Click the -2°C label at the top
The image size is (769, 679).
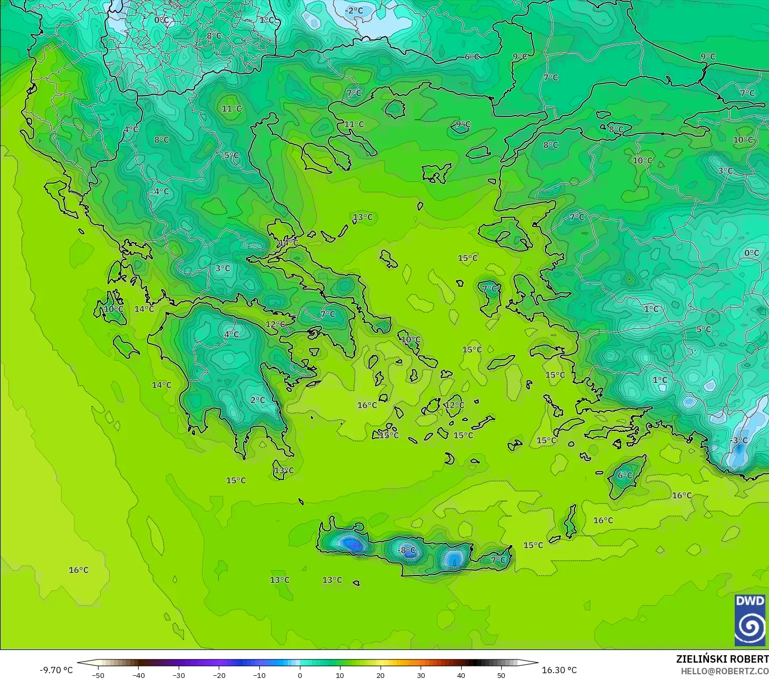[354, 11]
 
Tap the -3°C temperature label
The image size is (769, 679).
[739, 440]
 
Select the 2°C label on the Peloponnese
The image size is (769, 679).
[258, 400]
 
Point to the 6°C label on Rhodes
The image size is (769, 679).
[625, 475]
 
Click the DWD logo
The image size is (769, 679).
[749, 620]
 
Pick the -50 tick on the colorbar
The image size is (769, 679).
[98, 675]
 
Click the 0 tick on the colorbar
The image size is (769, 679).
[299, 675]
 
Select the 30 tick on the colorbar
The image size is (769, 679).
[421, 675]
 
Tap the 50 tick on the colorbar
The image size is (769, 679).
[501, 675]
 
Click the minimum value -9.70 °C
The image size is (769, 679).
[56, 670]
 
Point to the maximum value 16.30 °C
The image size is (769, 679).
[559, 670]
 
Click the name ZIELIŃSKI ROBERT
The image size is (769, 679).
[722, 659]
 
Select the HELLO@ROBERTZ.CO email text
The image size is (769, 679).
[724, 671]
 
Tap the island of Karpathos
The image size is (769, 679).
[570, 521]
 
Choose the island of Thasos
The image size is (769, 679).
[395, 109]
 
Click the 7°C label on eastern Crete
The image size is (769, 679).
[498, 560]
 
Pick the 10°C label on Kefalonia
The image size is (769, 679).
[113, 309]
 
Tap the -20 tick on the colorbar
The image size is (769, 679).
[219, 675]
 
